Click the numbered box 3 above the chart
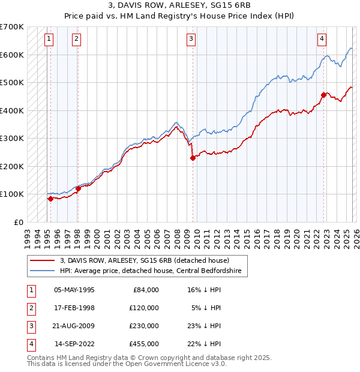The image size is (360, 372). pos(191,40)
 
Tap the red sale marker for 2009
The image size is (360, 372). pos(193,158)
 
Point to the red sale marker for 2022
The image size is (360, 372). pos(323,95)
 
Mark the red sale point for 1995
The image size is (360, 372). pos(50,199)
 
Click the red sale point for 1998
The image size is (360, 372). pos(78,188)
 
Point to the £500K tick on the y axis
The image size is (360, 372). pos(12,83)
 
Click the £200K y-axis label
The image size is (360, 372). pos(12,166)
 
